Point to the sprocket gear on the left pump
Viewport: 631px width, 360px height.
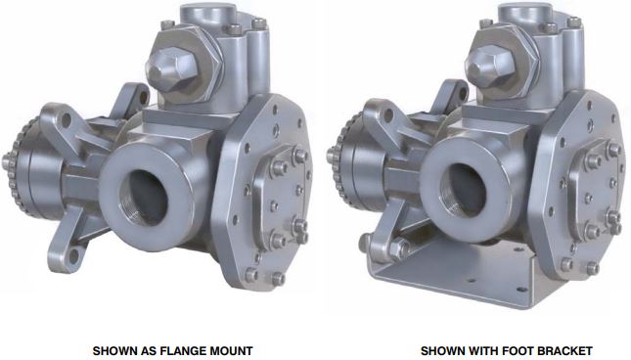(x=19, y=166)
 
